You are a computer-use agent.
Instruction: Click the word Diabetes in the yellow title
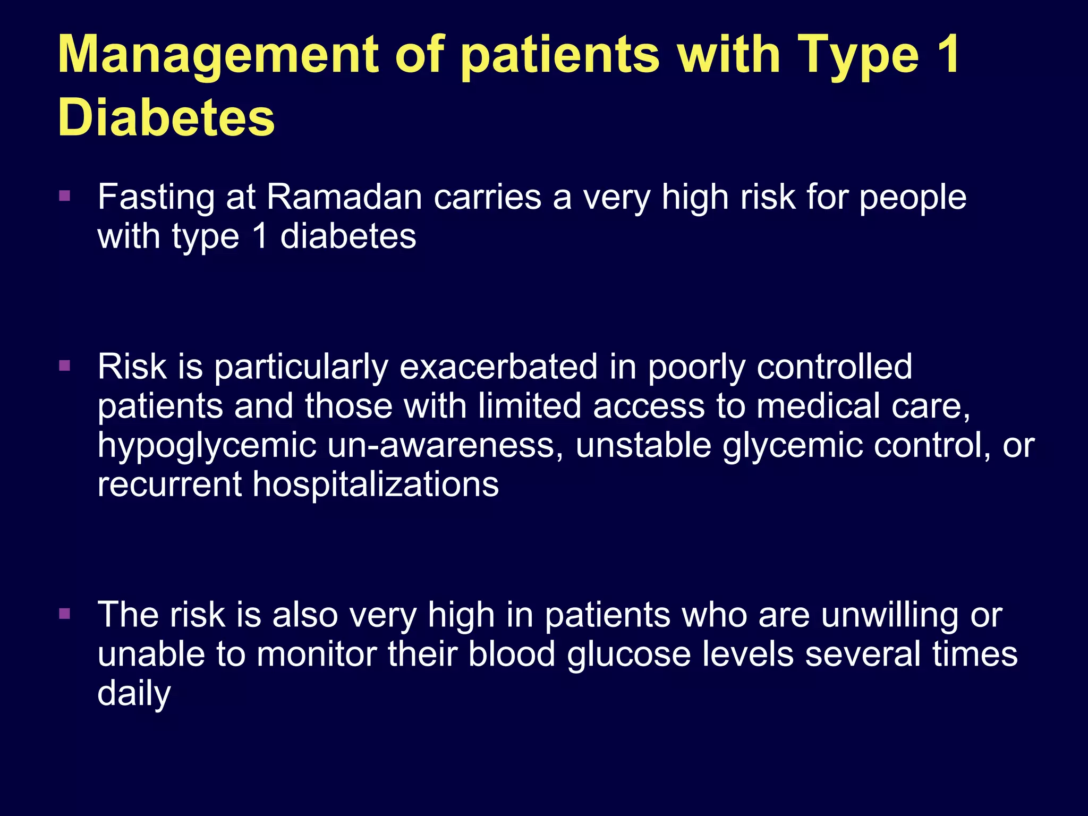pyautogui.click(x=166, y=118)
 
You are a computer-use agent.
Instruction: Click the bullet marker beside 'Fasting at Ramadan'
pyautogui.click(x=65, y=196)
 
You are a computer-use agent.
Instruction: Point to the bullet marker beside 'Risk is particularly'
pyautogui.click(x=65, y=365)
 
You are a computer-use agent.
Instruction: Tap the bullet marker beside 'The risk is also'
pyautogui.click(x=65, y=614)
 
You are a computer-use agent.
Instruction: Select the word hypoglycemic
pyautogui.click(x=207, y=446)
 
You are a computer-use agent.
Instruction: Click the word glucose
pyautogui.click(x=628, y=654)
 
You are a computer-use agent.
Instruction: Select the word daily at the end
pyautogui.click(x=134, y=693)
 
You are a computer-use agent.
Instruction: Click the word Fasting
pyautogui.click(x=156, y=198)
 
